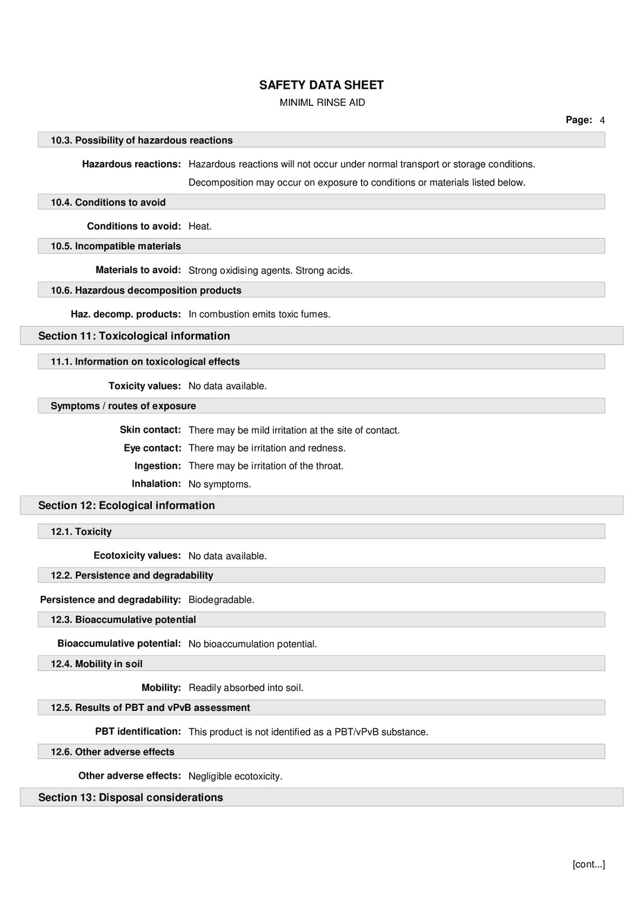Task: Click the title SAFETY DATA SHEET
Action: pos(321,85)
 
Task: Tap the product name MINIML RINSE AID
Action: pos(322,102)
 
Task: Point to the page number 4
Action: pos(602,120)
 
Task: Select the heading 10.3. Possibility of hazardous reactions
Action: pos(142,140)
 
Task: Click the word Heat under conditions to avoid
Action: pos(199,227)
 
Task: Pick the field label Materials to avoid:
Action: pos(138,270)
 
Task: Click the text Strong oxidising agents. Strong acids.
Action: pos(270,271)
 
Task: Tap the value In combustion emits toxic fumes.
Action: pos(259,314)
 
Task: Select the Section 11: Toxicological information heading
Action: pos(134,336)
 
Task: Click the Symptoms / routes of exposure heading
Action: pos(123,406)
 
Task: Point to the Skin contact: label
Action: pos(150,430)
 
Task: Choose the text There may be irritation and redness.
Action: pos(267,448)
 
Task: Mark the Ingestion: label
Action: pos(157,466)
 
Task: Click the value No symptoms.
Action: pos(220,484)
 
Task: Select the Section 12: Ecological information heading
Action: pos(126,506)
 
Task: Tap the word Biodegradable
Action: pos(221,600)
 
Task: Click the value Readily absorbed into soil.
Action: pos(246,688)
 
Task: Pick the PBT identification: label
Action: pos(138,732)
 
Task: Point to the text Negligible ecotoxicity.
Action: pos(235,776)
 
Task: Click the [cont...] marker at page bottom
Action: pos(588,864)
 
